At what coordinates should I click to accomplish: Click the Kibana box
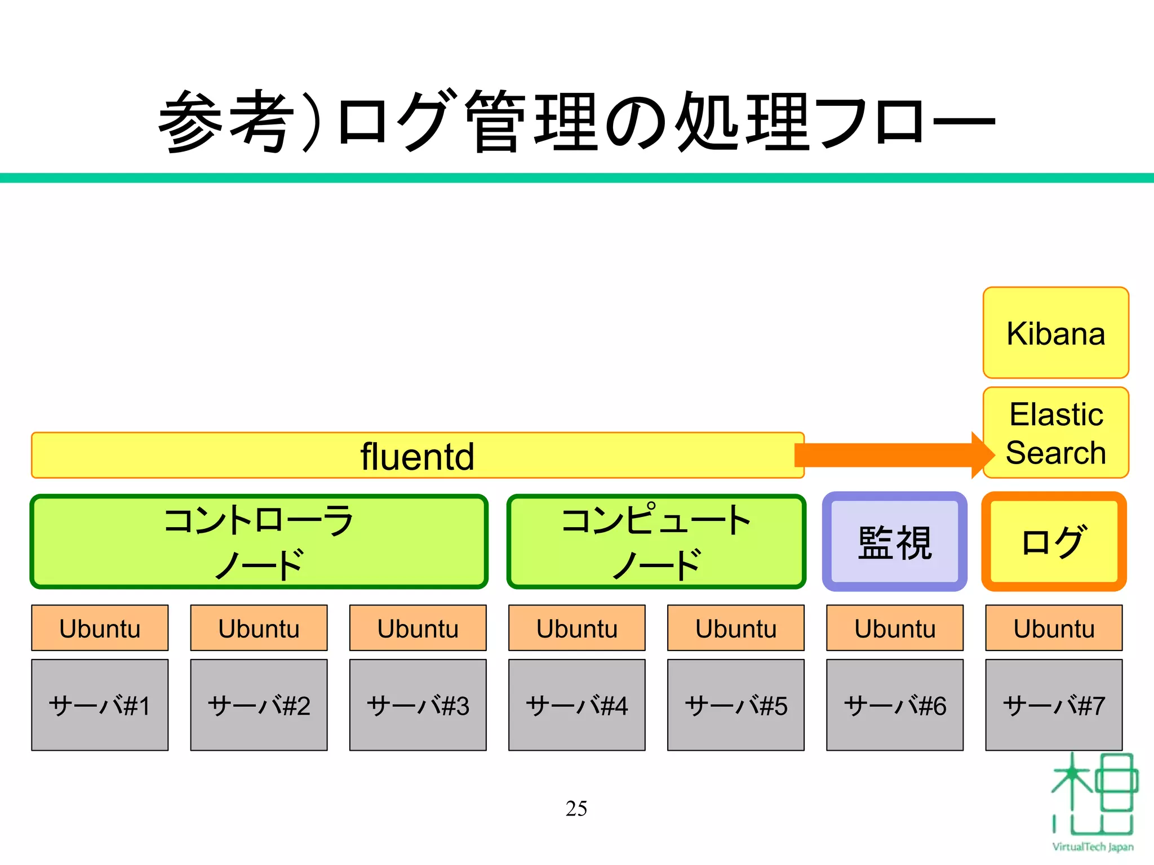tap(1055, 333)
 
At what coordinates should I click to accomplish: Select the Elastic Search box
tap(1055, 433)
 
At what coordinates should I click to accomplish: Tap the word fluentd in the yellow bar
tap(418, 456)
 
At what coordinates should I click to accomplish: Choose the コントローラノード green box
tap(259, 542)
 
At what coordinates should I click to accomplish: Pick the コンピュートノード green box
tap(656, 542)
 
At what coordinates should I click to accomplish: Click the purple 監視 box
tap(895, 542)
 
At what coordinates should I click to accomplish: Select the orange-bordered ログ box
tap(1054, 542)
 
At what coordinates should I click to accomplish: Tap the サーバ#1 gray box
tap(100, 705)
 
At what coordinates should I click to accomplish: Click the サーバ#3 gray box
tap(418, 705)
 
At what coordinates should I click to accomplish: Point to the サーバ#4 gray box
tap(576, 705)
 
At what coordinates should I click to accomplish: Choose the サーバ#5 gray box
tap(735, 705)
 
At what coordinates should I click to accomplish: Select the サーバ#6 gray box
tap(895, 705)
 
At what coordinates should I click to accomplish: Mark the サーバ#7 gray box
tap(1054, 705)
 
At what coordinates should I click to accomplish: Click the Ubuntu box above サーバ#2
tap(259, 628)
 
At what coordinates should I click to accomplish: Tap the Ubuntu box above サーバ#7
tap(1054, 628)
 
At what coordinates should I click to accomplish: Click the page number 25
tap(576, 808)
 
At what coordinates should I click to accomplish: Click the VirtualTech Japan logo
tap(1093, 800)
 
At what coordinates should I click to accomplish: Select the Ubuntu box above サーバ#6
tap(895, 628)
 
